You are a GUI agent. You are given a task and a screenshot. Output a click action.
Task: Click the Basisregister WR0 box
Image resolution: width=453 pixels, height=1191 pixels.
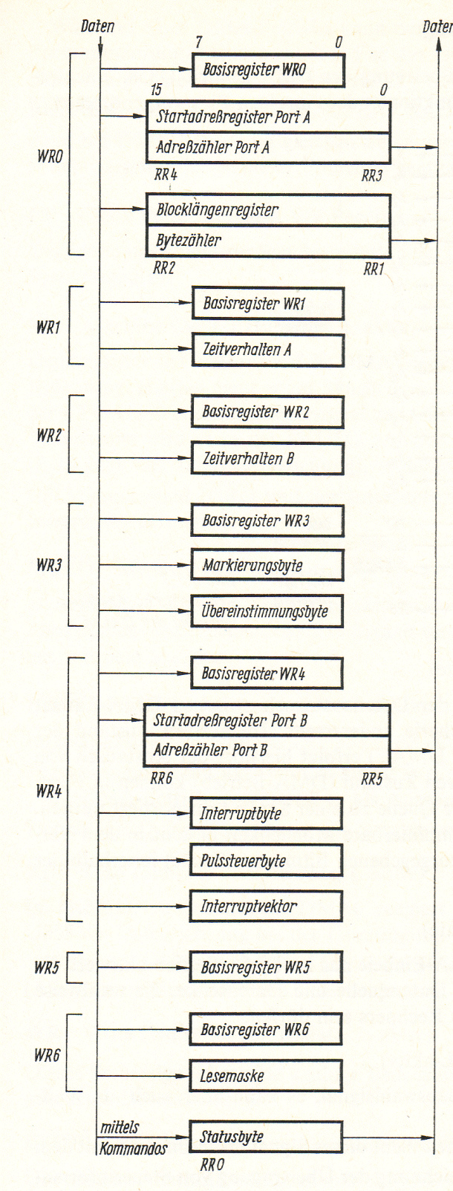tap(268, 71)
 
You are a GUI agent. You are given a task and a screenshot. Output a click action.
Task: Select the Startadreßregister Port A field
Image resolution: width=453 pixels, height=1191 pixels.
tap(268, 117)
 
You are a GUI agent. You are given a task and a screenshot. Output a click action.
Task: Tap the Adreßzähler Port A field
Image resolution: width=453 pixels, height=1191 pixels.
tap(268, 148)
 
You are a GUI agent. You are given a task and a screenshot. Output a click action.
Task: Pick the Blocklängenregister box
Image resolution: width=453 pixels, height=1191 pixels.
tap(268, 210)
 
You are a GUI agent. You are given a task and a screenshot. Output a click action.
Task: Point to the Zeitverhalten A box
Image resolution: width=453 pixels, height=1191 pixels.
tap(268, 349)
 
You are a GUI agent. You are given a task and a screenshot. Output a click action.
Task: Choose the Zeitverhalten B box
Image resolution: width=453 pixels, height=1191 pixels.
tap(268, 458)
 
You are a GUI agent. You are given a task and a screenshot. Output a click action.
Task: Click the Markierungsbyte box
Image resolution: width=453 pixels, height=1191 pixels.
tap(268, 565)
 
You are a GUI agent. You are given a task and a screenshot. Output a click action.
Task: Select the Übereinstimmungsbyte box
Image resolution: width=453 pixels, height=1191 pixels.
tap(268, 613)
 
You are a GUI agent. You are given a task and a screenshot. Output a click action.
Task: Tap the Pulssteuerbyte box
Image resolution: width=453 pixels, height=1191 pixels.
tap(266, 861)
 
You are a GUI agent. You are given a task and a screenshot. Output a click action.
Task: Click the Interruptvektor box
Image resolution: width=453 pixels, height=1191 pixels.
tap(266, 906)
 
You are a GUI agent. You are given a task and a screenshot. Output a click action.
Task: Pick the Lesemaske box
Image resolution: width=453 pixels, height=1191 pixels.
tap(266, 1075)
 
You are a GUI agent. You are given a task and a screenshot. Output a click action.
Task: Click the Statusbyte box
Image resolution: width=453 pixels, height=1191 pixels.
tap(266, 1137)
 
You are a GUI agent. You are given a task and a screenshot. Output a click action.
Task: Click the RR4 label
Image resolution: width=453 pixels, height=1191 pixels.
tap(166, 176)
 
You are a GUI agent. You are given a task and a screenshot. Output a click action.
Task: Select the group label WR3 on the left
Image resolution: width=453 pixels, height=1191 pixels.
tap(49, 565)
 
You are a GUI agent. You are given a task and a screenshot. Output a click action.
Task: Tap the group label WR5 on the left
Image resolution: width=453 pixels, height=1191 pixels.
tap(47, 968)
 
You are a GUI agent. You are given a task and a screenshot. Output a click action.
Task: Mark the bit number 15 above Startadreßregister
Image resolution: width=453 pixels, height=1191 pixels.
tap(156, 91)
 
